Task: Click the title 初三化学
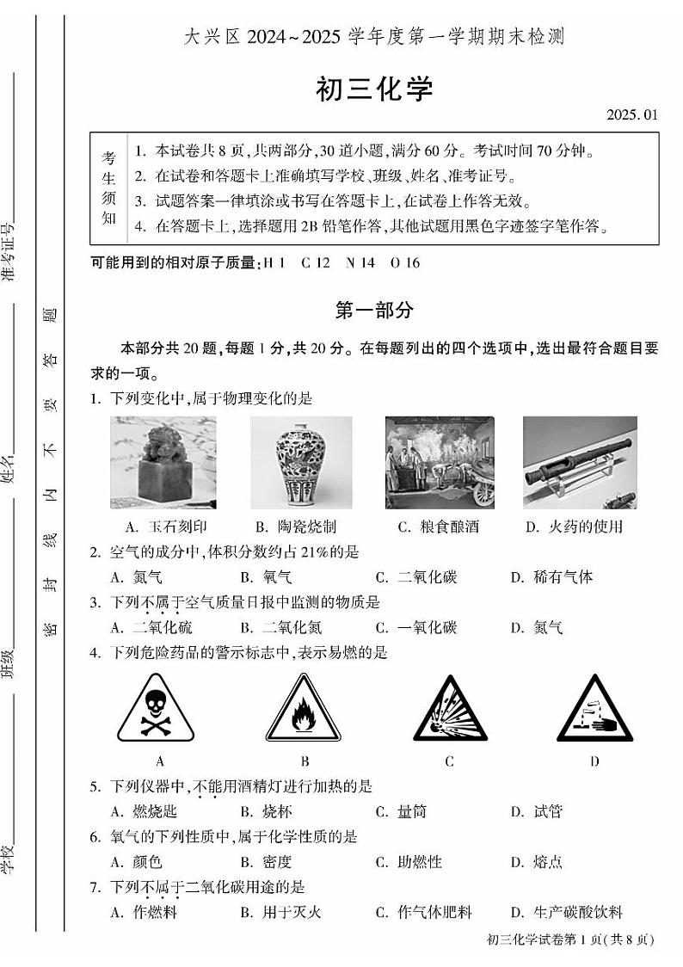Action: coord(374,89)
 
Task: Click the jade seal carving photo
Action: coord(163,462)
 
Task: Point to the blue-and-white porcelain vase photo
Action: coord(301,462)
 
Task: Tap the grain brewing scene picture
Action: coord(440,462)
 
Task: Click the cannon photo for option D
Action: coord(581,462)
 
